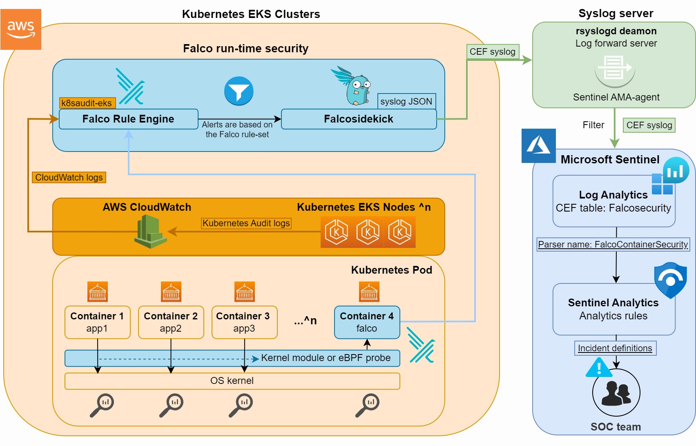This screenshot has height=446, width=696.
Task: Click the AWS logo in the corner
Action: tap(21, 29)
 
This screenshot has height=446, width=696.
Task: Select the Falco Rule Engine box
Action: tap(128, 119)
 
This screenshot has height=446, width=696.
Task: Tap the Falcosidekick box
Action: tap(359, 119)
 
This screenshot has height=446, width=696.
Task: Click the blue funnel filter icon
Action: tap(239, 91)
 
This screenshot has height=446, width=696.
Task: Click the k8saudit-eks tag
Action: tap(87, 103)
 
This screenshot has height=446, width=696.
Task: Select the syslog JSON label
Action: tap(406, 101)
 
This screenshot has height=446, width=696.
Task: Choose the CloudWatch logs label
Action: tap(69, 177)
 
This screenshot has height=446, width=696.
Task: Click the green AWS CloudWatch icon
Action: tap(150, 232)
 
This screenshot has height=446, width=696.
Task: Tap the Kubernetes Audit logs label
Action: tap(246, 223)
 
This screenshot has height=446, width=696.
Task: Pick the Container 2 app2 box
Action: tap(171, 322)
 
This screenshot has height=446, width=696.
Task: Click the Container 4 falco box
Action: tap(367, 322)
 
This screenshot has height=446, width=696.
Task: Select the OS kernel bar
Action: tap(232, 381)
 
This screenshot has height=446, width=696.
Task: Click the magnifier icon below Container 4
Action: tap(367, 405)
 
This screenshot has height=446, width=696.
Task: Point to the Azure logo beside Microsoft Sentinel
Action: tap(538, 146)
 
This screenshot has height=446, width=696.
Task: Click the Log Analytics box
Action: tap(613, 201)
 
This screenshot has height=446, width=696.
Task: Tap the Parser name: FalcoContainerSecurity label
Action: tap(613, 244)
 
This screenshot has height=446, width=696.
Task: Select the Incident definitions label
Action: tap(615, 348)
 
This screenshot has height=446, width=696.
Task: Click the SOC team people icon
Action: tap(616, 393)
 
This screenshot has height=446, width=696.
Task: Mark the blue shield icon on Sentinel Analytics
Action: tap(670, 280)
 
